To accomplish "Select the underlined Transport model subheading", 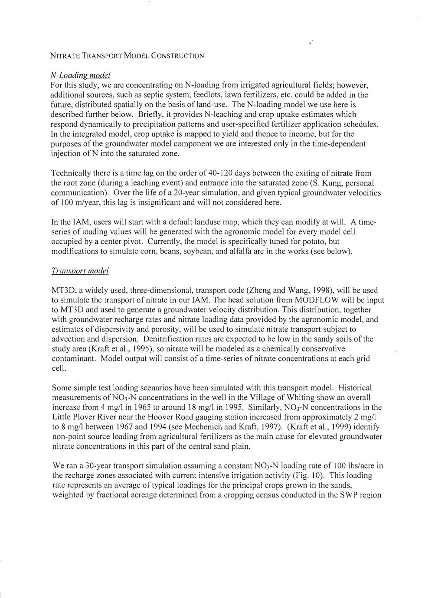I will pos(80,271).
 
